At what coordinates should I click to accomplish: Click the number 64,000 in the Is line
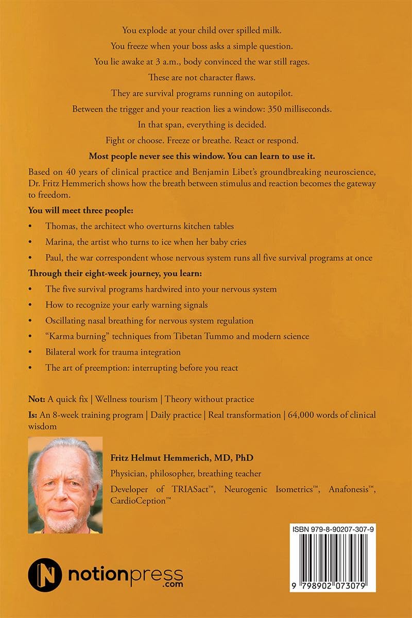tap(303, 415)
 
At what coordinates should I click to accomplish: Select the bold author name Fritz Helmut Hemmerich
tap(182, 457)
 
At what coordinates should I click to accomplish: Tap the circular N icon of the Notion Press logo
tap(45, 574)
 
